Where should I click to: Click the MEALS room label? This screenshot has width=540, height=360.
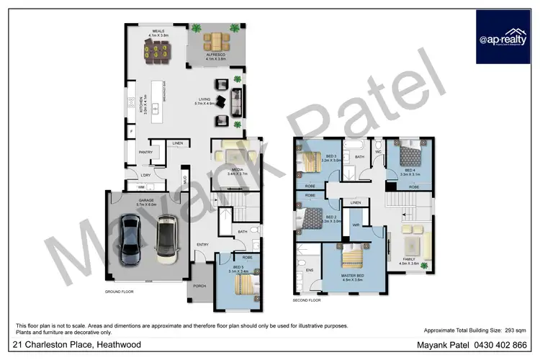tap(158, 31)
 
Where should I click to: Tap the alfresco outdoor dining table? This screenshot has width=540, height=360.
tap(214, 41)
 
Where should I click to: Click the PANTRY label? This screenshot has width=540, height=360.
tap(145, 152)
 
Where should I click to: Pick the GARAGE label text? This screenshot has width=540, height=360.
tap(147, 201)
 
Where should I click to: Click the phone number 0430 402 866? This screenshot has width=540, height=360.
tap(501, 345)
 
